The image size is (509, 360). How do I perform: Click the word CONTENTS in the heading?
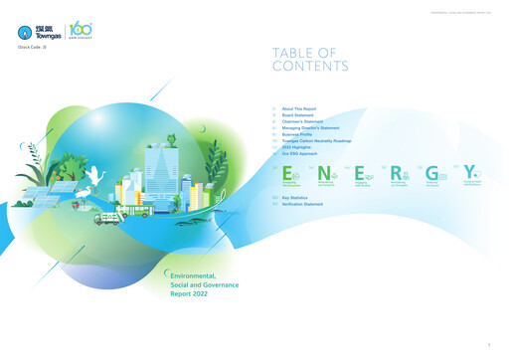[x=310, y=67]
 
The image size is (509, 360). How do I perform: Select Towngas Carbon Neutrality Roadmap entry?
[x=317, y=141]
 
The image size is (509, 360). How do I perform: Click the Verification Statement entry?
[x=302, y=205]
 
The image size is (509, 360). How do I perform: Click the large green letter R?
[x=397, y=174]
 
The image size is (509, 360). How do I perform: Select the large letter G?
[x=431, y=173]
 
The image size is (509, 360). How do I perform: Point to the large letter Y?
[x=468, y=173]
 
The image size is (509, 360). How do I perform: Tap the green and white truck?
[x=108, y=219]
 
